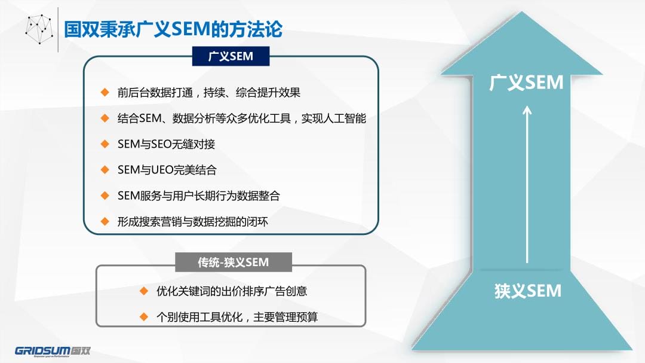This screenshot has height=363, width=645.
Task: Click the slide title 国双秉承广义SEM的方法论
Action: [173, 29]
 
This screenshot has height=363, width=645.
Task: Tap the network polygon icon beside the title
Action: [39, 29]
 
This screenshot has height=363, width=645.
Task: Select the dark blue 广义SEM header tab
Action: [231, 56]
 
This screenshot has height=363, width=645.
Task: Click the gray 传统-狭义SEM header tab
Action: [234, 262]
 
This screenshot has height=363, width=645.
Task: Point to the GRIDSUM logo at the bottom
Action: [53, 350]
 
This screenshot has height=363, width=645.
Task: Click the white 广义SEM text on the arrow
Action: [526, 83]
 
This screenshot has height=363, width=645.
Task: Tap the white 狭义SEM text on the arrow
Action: [528, 291]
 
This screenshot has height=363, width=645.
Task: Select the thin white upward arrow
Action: [527, 185]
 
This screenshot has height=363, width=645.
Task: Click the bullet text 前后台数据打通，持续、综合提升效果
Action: [209, 92]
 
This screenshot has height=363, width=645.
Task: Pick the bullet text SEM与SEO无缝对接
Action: [166, 144]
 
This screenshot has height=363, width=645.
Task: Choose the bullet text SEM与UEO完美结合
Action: [167, 170]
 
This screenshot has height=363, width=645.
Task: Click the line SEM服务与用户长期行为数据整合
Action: [199, 196]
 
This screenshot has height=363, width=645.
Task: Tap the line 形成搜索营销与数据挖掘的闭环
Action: [193, 222]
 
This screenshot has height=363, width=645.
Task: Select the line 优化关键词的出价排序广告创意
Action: [232, 291]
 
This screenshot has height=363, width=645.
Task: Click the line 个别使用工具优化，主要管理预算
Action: [237, 317]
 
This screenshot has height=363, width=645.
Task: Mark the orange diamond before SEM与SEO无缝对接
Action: [105, 144]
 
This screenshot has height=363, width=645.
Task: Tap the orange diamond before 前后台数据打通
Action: [105, 92]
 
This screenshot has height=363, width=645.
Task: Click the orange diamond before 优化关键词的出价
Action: [143, 291]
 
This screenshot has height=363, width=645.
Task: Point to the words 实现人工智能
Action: [334, 118]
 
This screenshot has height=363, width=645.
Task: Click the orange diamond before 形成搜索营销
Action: [105, 222]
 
